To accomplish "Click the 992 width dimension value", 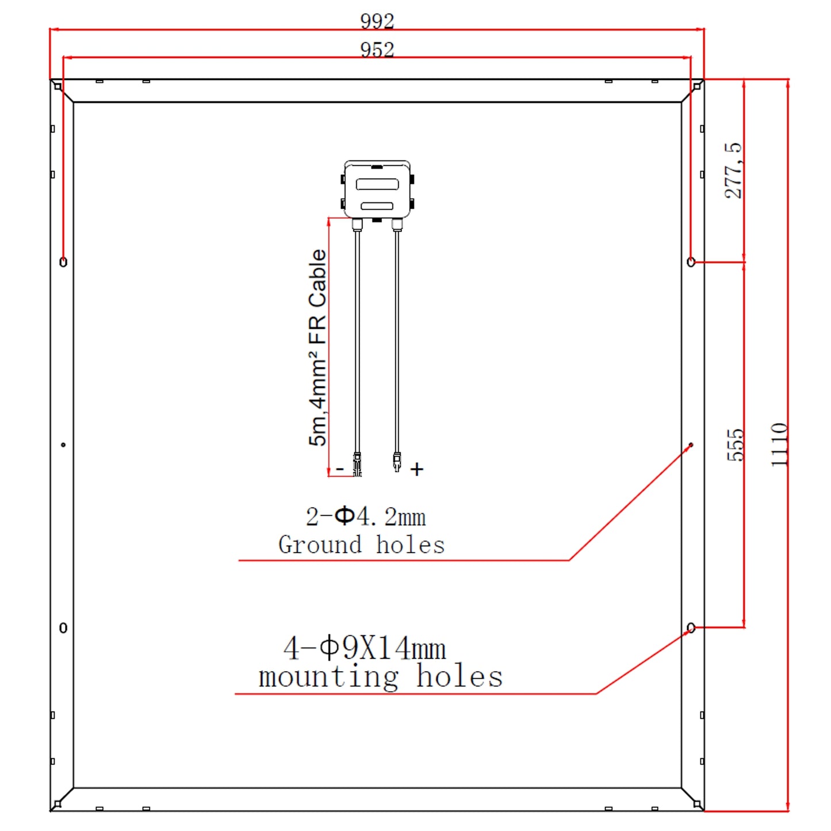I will [x=377, y=21].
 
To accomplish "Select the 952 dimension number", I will [x=377, y=49].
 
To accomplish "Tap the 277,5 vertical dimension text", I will [x=733, y=171].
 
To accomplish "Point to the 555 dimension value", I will [x=736, y=445].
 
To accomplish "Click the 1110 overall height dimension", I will [x=779, y=445].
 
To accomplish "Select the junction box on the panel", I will [x=377, y=190].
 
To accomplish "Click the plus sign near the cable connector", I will [x=417, y=469].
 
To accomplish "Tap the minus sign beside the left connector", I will [x=340, y=469].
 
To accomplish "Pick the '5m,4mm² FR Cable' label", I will [x=317, y=347].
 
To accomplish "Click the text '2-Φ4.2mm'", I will [x=366, y=516].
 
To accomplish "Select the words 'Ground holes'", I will [x=362, y=545].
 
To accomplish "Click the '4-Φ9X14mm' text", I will [x=365, y=648].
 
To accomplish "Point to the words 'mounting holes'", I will [x=380, y=676].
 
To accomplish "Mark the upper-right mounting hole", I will [x=691, y=262].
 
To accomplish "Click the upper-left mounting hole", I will [x=63, y=262].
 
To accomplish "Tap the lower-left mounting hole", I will [x=63, y=628].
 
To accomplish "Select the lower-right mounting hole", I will [x=691, y=628].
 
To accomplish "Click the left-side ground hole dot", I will [x=63, y=445].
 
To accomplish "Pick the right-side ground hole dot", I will [x=691, y=445].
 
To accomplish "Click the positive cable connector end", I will [x=397, y=462].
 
